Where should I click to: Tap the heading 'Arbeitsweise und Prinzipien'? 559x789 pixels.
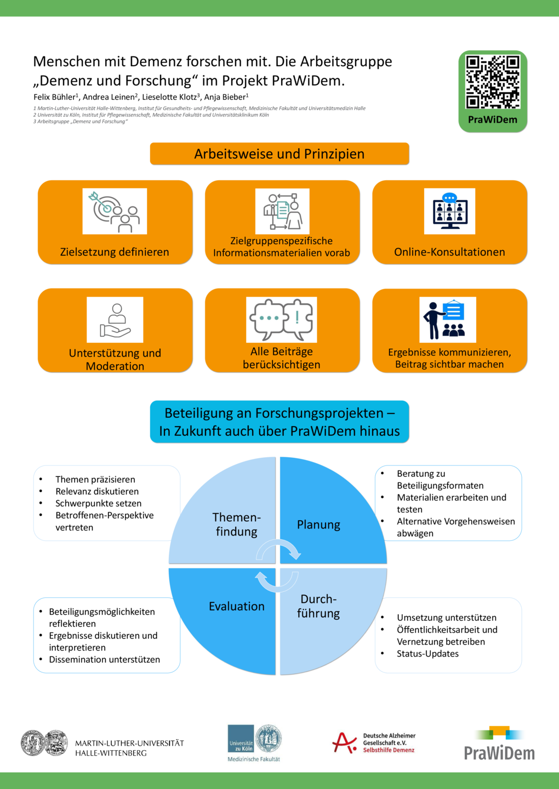click(279, 154)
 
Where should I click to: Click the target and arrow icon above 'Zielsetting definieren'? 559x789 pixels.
click(115, 211)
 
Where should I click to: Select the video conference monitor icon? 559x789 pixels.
click(449, 211)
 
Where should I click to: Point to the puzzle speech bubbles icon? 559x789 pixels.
click(281, 319)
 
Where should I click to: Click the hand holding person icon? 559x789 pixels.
click(115, 319)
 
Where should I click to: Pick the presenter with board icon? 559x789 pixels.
click(448, 319)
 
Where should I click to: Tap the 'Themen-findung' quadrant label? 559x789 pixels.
click(237, 524)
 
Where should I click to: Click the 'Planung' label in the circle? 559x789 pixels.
click(318, 525)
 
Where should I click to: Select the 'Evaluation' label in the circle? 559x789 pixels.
click(237, 606)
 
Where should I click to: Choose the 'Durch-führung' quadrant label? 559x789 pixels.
click(318, 606)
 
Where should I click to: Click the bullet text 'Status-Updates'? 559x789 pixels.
click(427, 654)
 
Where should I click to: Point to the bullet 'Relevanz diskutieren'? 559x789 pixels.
click(97, 491)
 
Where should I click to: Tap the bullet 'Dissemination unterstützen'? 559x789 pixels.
click(104, 659)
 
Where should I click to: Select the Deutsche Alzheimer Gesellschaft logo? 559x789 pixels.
click(374, 743)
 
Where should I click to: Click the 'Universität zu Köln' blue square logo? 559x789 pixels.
click(241, 739)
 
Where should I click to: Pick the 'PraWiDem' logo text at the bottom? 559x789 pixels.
click(499, 753)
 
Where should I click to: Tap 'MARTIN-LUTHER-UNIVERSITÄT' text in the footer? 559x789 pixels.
click(129, 743)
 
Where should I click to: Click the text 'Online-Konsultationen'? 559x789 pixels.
click(449, 252)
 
